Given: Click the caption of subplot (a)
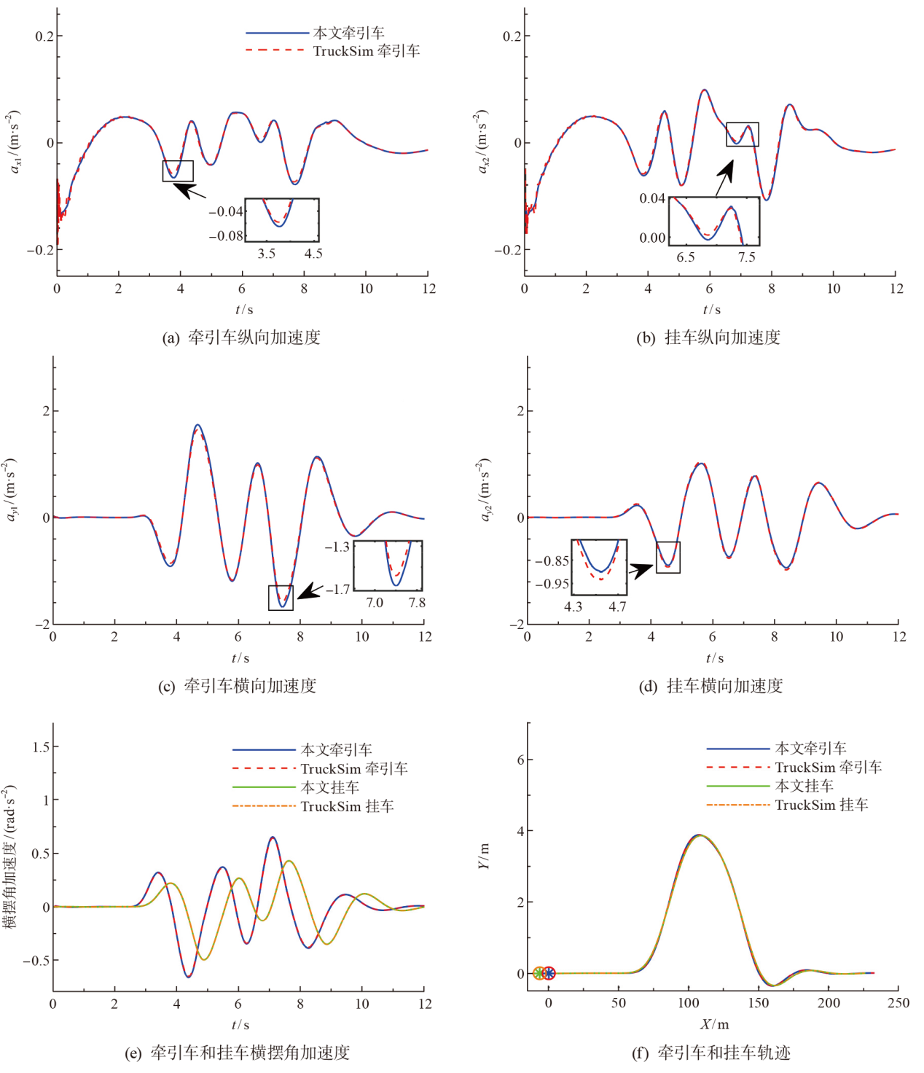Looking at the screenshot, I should pyautogui.click(x=241, y=337).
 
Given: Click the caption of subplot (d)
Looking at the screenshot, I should pyautogui.click(x=710, y=686).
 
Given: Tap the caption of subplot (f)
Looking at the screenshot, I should pyautogui.click(x=710, y=1053).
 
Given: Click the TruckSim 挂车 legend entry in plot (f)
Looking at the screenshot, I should pyautogui.click(x=821, y=805).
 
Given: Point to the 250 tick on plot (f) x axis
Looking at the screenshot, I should pyautogui.click(x=898, y=1003).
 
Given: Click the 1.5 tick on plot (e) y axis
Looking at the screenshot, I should pyautogui.click(x=41, y=746).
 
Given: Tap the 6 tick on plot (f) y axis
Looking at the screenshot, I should pyautogui.click(x=520, y=760).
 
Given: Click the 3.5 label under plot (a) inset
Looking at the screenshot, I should pyautogui.click(x=267, y=254).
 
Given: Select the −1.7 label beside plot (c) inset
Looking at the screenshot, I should pyautogui.click(x=337, y=589).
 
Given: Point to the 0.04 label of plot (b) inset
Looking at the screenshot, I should pyautogui.click(x=652, y=198).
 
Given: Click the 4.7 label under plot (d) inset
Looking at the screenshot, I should pyautogui.click(x=617, y=606).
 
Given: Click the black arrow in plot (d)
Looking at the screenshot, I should pyautogui.click(x=641, y=569).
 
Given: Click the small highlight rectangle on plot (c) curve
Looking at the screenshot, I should pyautogui.click(x=281, y=597).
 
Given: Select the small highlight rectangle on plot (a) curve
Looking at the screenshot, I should pyautogui.click(x=178, y=171).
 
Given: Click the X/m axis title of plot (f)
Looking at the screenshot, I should pyautogui.click(x=714, y=1024).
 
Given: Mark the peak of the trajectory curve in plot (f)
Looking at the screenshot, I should pyautogui.click(x=699, y=835).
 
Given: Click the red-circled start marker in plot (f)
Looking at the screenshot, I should pyautogui.click(x=549, y=973).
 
